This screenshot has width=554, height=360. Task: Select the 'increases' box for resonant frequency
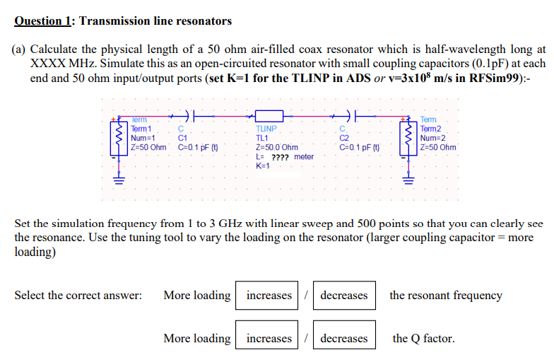tap(269, 296)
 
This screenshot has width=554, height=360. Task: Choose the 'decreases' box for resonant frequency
tap(344, 296)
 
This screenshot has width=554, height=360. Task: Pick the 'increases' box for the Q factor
tap(269, 339)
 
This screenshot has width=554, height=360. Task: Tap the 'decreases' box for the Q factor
tap(344, 339)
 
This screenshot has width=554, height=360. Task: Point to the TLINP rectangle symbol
tap(269, 114)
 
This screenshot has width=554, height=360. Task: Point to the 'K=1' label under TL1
tap(263, 166)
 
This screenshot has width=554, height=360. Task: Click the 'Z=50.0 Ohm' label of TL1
tap(274, 148)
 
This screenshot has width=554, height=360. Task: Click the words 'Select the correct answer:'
tap(78, 296)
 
